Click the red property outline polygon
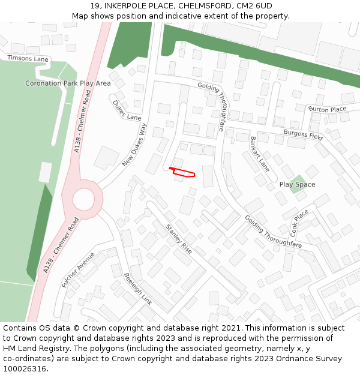point(183,173)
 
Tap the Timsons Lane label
point(28,58)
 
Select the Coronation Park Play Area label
point(68,83)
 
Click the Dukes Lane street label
point(127,110)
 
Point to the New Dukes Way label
point(134,145)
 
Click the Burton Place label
point(327,109)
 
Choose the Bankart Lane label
point(260,155)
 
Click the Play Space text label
point(297,184)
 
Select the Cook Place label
point(299,222)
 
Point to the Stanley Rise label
point(179,238)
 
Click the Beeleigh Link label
point(138,289)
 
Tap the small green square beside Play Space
point(298,183)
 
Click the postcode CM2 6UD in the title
point(253,6)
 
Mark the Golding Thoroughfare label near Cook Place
point(273,232)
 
